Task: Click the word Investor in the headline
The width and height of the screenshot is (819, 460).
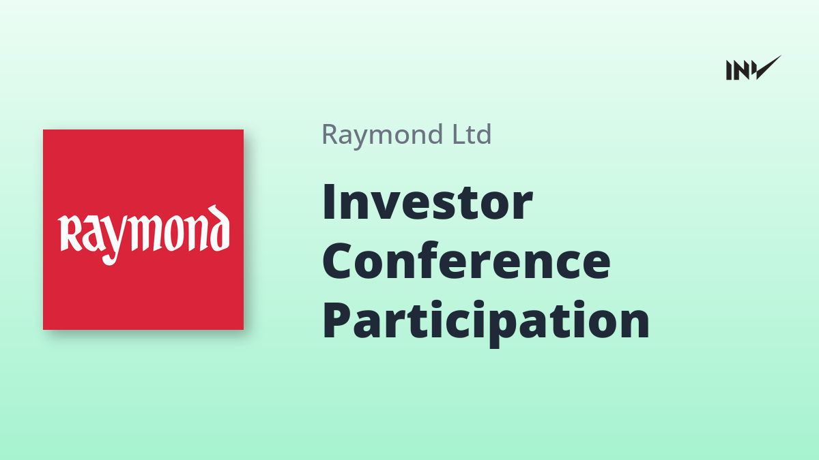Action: [x=427, y=202]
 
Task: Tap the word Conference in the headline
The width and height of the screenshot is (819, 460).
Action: [x=467, y=260]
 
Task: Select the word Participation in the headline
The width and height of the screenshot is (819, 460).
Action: [x=486, y=320]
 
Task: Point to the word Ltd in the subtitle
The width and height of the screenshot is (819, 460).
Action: [x=472, y=134]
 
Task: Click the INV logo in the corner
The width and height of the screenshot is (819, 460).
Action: [x=753, y=68]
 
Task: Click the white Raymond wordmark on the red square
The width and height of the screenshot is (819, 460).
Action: [x=144, y=234]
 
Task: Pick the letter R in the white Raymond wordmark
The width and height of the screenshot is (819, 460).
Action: [x=70, y=233]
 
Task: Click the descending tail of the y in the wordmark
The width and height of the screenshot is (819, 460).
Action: [x=110, y=258]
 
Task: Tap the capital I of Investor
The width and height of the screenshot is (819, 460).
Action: [x=329, y=202]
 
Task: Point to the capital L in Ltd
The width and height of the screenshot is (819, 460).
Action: [x=459, y=134]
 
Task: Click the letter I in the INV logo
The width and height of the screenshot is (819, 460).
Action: [x=729, y=70]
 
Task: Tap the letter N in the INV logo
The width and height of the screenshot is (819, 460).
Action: [x=741, y=70]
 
